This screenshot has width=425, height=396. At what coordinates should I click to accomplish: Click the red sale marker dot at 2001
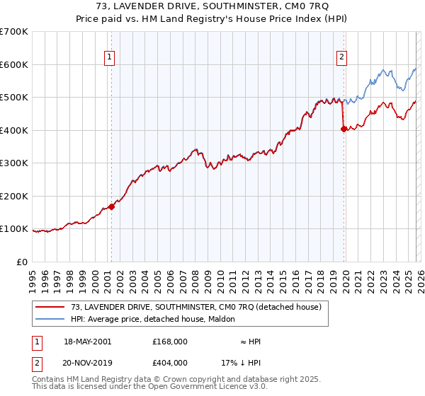pyautogui.click(x=111, y=207)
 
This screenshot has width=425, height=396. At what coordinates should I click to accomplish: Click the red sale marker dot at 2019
pyautogui.click(x=344, y=129)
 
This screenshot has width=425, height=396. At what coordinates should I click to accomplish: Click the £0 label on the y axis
pyautogui.click(x=21, y=262)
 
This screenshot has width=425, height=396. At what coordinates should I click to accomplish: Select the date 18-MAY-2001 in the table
pyautogui.click(x=87, y=342)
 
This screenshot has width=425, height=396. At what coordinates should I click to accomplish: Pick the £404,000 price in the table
pyautogui.click(x=170, y=363)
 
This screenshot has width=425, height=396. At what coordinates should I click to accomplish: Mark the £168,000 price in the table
pyautogui.click(x=170, y=342)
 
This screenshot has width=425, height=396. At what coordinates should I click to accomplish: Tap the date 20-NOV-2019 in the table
pyautogui.click(x=87, y=363)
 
